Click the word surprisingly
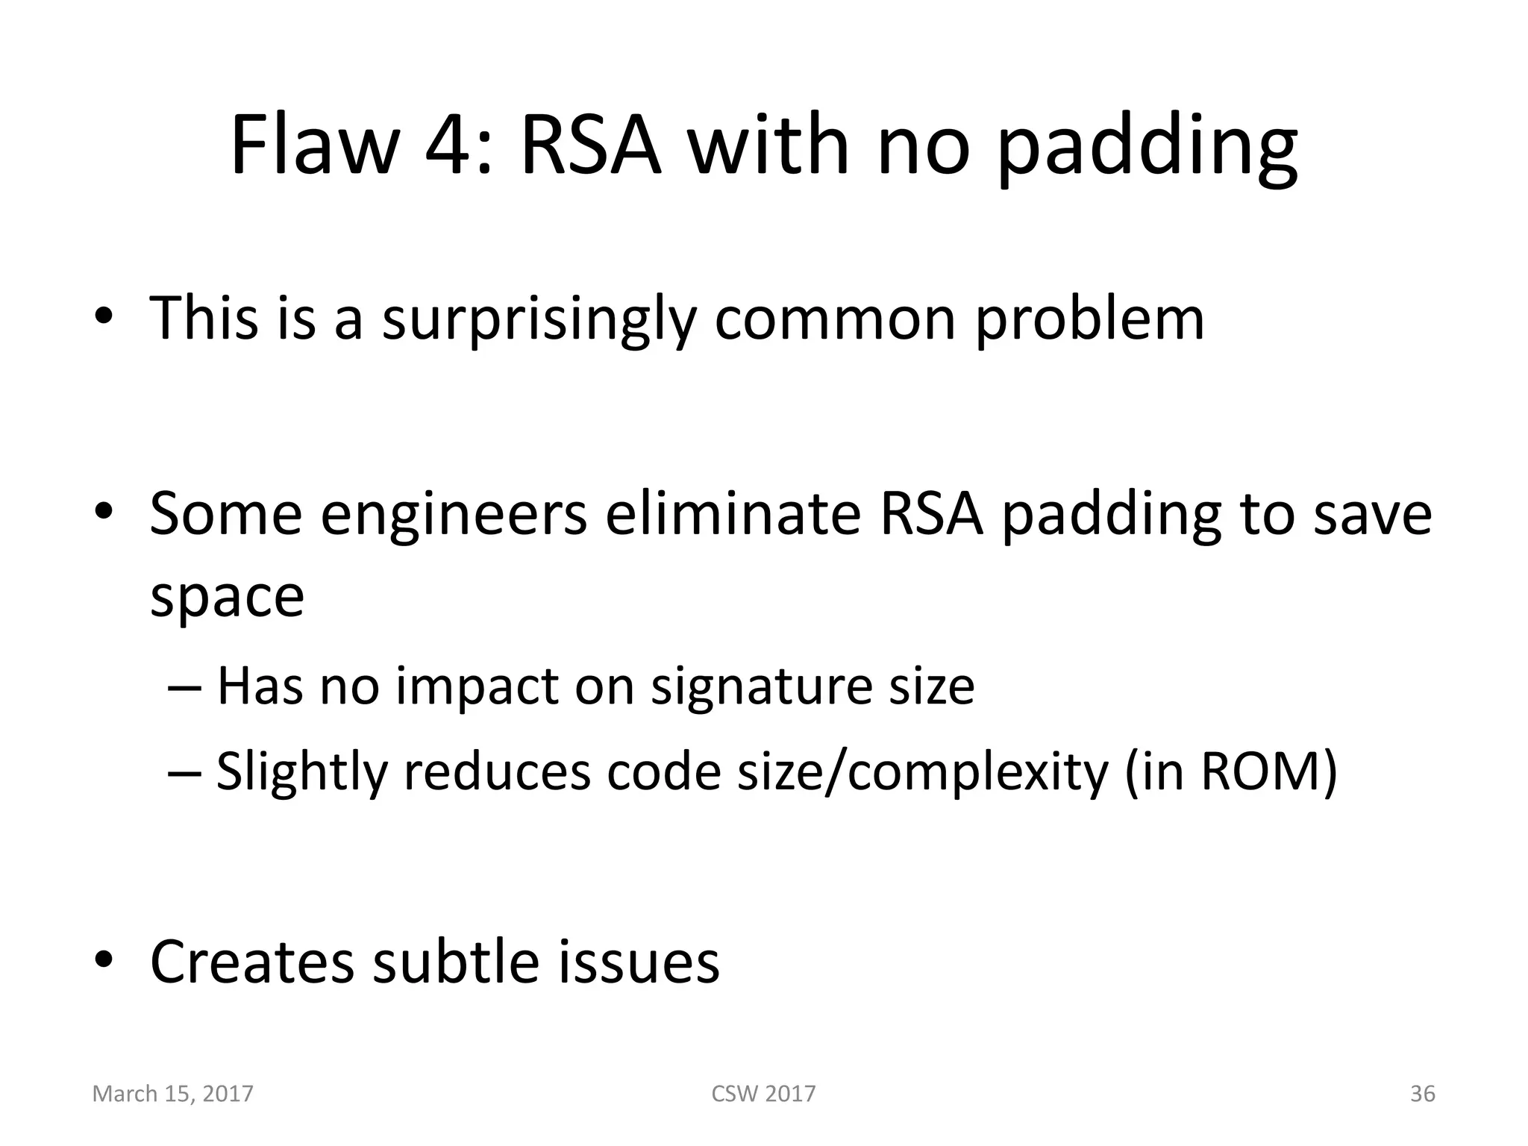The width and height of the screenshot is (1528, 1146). (x=538, y=319)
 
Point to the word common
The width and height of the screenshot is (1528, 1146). (x=835, y=319)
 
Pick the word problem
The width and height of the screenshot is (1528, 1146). (x=1089, y=319)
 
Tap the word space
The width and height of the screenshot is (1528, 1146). (x=227, y=597)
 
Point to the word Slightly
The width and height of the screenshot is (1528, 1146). (x=301, y=771)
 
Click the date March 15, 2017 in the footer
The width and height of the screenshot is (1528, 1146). (x=172, y=1094)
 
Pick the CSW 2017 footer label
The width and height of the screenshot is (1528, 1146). (x=763, y=1094)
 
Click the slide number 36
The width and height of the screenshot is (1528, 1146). (x=1422, y=1094)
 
